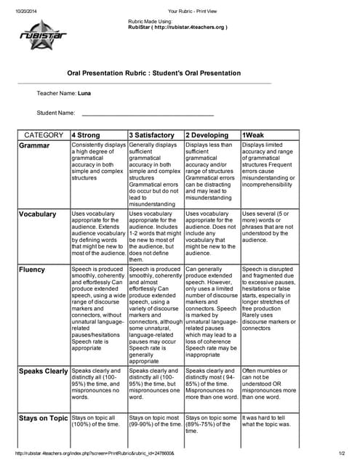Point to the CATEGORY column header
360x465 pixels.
[44, 135]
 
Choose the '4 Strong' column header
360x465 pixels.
[87, 135]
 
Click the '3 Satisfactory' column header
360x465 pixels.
[152, 135]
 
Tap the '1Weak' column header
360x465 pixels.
[254, 135]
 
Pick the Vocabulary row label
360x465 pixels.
[38, 214]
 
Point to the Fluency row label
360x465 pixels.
[33, 270]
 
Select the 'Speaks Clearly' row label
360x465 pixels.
[44, 371]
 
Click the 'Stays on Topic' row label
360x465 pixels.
[43, 418]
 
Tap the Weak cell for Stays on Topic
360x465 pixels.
[269, 422]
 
